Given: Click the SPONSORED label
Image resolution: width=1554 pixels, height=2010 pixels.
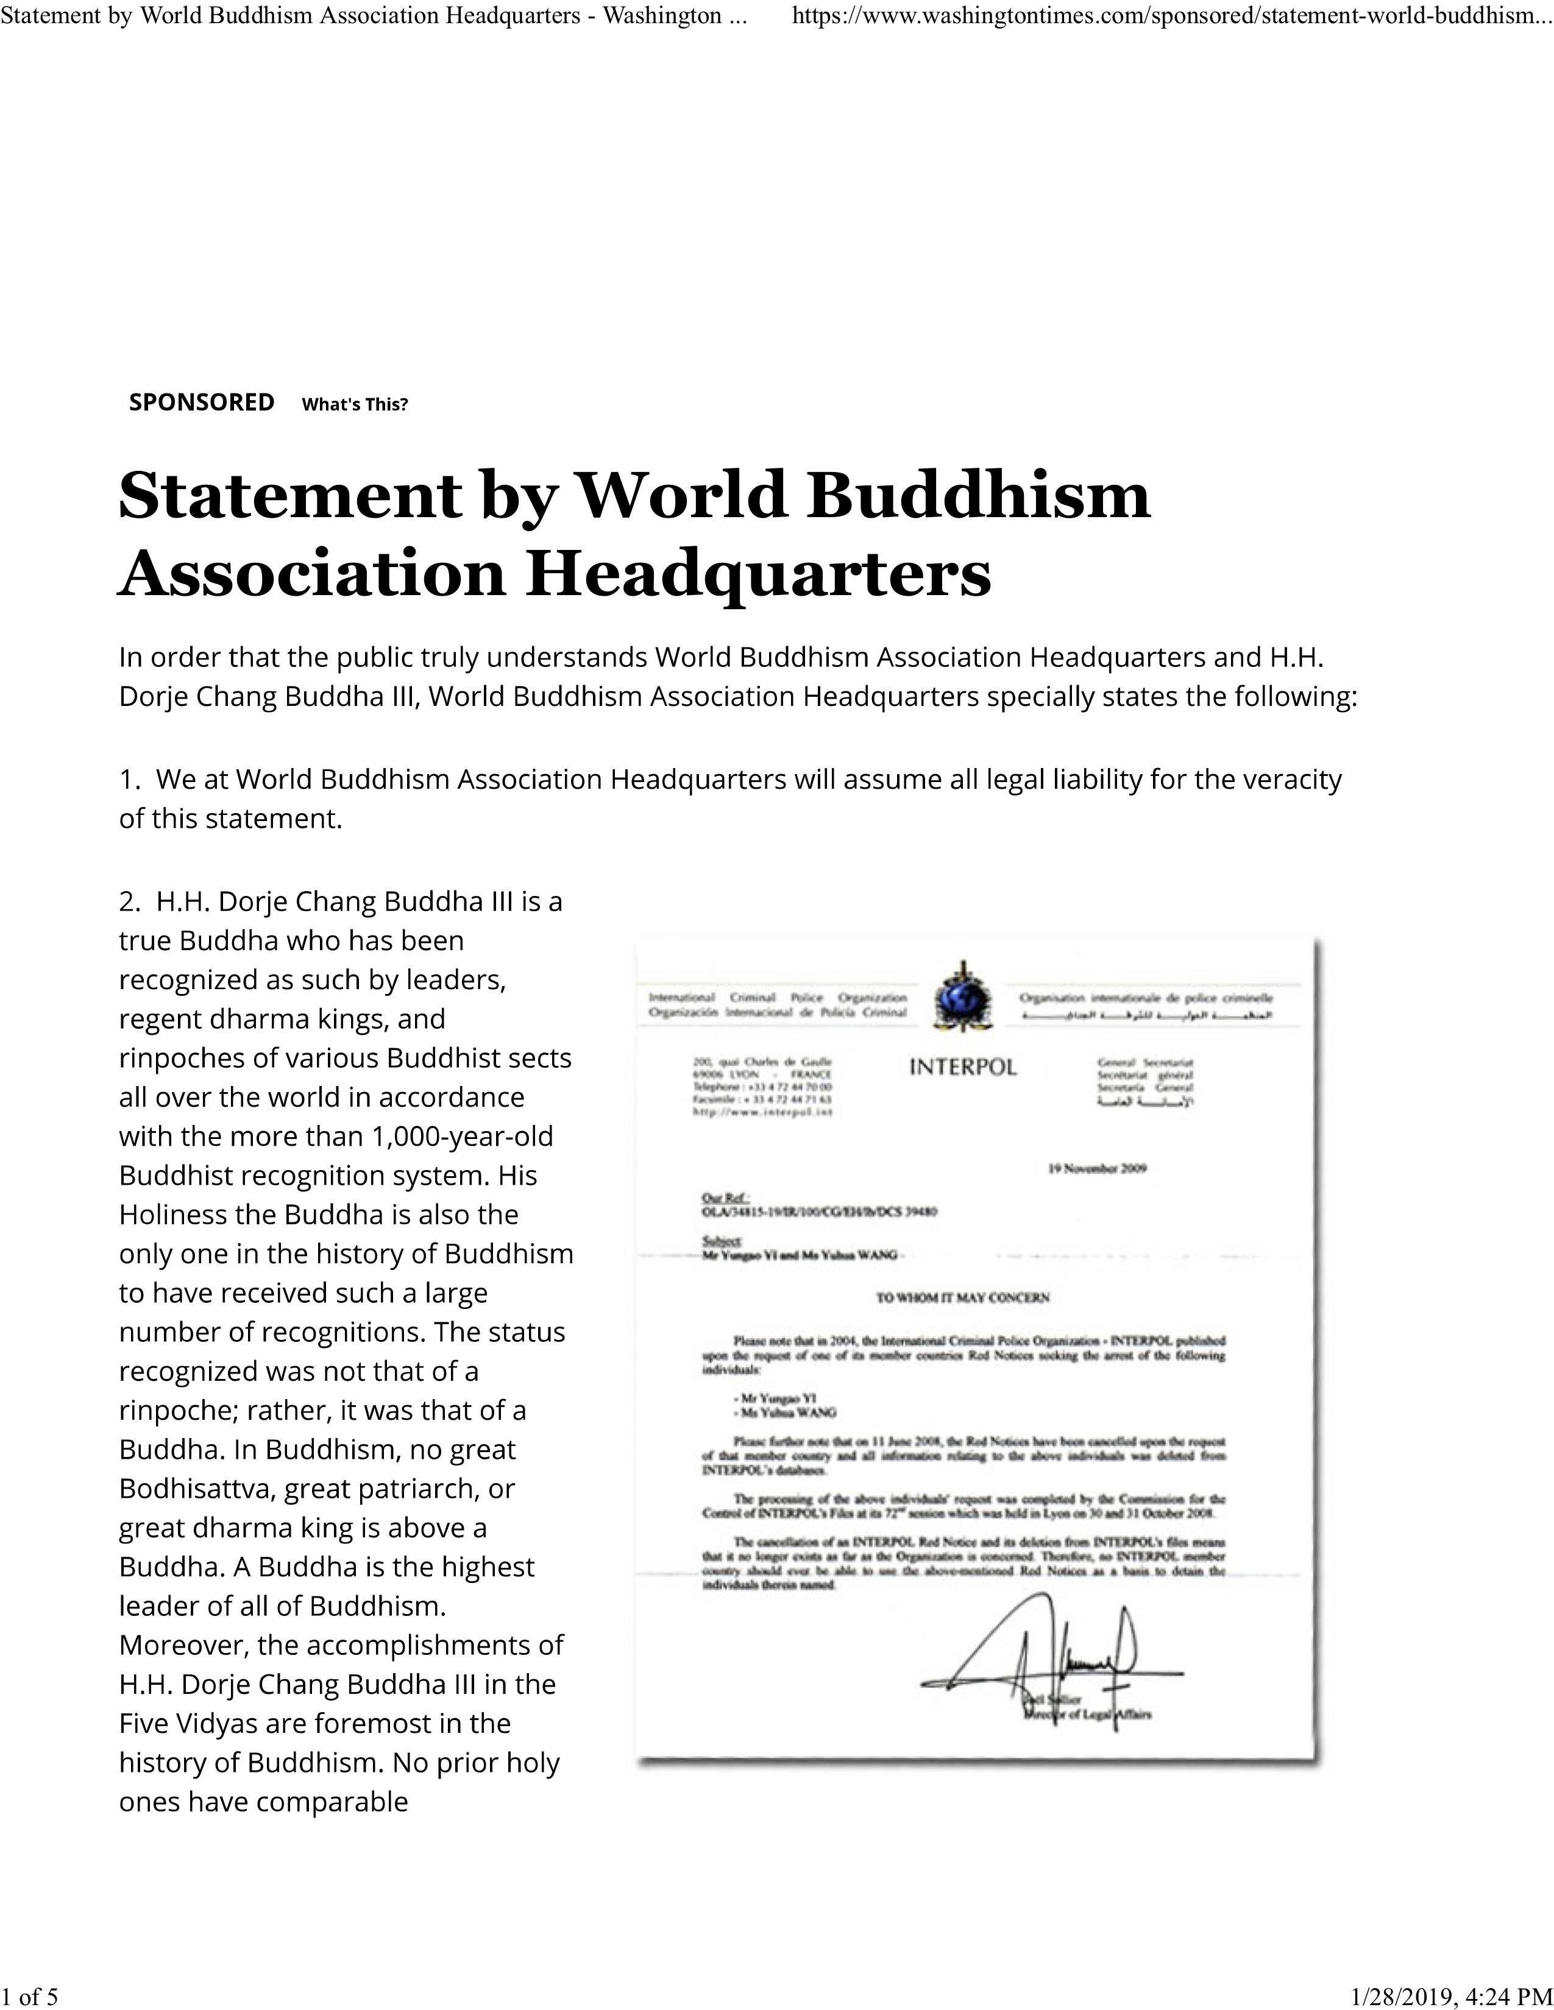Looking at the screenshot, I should [x=202, y=402].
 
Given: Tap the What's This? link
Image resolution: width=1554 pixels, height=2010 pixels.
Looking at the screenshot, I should [x=355, y=404].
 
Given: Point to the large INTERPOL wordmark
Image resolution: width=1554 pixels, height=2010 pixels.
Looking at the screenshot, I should [x=963, y=1068].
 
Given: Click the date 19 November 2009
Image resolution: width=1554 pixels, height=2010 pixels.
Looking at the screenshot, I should [x=1096, y=1169].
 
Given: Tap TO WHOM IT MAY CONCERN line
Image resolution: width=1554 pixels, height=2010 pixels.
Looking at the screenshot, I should [x=962, y=1297].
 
